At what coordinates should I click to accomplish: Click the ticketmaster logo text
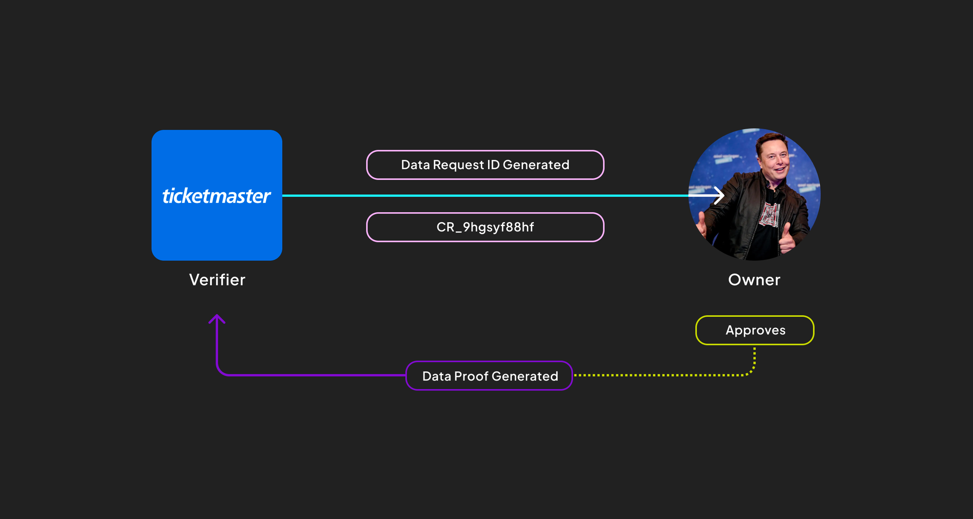216,196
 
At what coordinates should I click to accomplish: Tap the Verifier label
217,280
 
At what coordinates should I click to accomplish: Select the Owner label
754,280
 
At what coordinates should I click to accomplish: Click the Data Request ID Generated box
485,165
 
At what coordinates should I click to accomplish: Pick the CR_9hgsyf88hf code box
485,227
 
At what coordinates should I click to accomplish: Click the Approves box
755,330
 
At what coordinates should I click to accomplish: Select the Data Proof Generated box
489,376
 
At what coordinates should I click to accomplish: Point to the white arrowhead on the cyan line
719,196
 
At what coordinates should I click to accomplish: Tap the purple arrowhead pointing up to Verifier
217,319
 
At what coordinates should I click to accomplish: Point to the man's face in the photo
774,160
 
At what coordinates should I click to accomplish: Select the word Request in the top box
458,165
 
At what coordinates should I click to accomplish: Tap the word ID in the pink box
493,165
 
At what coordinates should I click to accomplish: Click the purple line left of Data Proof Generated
311,375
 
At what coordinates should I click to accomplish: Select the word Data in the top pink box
415,165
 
